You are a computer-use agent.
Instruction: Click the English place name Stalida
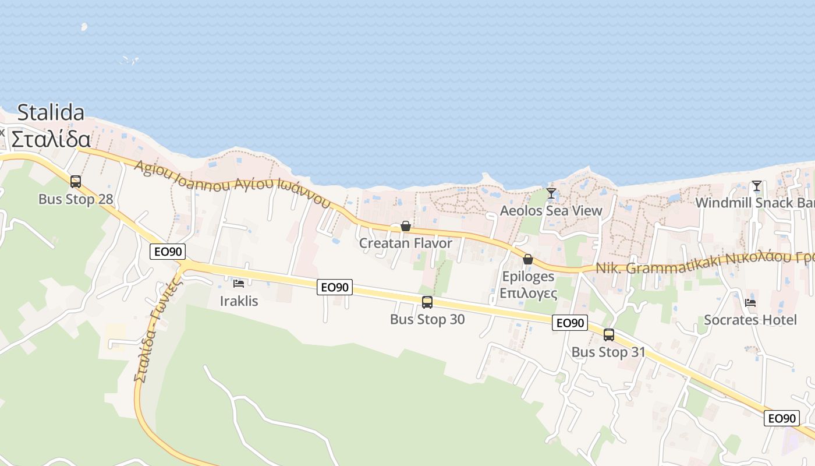point(51,112)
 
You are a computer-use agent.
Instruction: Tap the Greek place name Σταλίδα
point(51,140)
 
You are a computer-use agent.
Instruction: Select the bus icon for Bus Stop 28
point(76,182)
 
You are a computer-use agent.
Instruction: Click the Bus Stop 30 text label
point(427,319)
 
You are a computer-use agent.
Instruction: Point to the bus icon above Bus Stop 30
point(427,302)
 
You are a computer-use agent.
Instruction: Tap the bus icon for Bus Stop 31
point(609,335)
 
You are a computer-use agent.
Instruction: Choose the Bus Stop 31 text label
point(609,352)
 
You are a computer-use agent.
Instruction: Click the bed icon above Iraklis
point(239,284)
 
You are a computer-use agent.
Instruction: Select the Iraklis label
point(239,301)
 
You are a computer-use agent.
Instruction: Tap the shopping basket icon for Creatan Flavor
point(406,226)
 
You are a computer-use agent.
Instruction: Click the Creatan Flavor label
point(406,243)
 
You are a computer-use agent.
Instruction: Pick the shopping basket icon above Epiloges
point(528,259)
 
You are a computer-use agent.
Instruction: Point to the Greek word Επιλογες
point(528,293)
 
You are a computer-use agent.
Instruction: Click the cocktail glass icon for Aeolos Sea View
point(551,193)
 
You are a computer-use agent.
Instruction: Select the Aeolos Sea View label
point(551,210)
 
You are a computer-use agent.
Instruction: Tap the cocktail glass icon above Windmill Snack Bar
point(756,186)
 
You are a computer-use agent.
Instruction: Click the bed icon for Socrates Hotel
point(750,303)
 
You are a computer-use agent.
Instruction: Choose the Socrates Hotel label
point(750,320)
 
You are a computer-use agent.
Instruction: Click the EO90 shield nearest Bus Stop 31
point(570,323)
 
